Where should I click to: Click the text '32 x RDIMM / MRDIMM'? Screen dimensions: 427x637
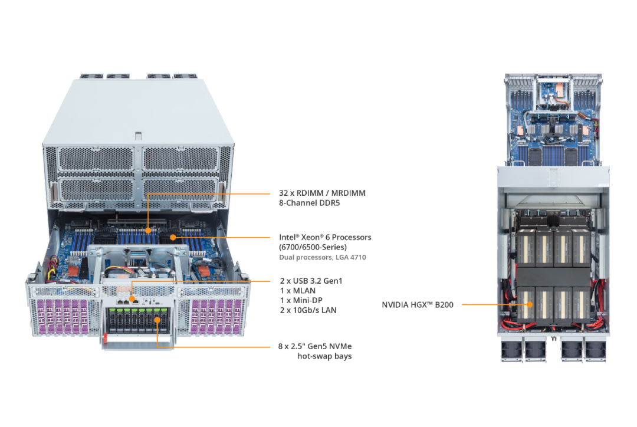tap(322, 193)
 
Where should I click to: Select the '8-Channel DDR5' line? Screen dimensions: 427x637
tap(309, 203)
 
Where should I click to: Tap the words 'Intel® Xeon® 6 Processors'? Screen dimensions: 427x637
tap(325, 237)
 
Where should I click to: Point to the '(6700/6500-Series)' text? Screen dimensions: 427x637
tap(313, 247)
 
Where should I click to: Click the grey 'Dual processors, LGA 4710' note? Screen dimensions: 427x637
tap(322, 257)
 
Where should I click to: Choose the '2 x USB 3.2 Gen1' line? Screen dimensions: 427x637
tap(310, 281)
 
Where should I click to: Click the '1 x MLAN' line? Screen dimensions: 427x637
tap(297, 291)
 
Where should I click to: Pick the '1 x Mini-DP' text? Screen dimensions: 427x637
tap(301, 300)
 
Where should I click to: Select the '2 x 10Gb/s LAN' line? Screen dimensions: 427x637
tap(308, 310)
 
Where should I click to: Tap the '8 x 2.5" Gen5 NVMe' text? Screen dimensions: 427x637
tap(315, 346)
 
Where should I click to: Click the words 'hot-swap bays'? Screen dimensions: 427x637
tap(324, 356)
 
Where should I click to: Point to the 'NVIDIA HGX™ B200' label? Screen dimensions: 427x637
tap(418, 305)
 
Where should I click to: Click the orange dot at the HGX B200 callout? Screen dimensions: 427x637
tap(529, 305)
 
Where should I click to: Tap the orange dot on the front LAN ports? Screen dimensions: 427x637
tap(132, 293)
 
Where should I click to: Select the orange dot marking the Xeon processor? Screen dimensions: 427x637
tap(172, 238)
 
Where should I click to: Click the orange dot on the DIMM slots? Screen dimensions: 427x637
tap(147, 231)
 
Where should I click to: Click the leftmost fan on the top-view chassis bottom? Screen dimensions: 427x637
tap(511, 350)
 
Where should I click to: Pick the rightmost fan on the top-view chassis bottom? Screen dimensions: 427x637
tap(594, 350)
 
